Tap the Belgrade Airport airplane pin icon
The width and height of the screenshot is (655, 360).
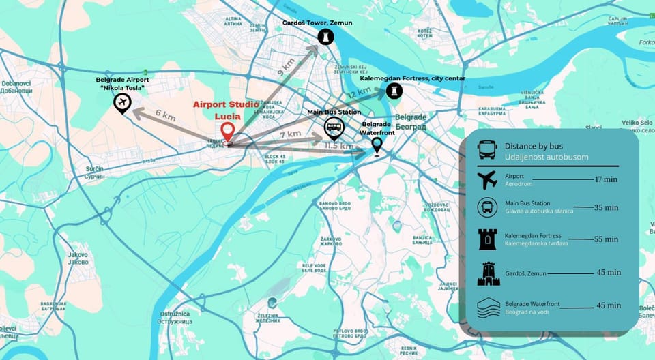tap(123, 103)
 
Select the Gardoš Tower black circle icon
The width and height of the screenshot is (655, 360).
tap(326, 36)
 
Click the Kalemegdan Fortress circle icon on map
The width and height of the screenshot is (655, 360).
tap(394, 91)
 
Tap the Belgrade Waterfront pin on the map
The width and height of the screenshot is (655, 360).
tap(377, 145)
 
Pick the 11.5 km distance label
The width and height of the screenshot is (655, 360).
tap(338, 146)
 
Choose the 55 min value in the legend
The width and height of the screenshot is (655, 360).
tap(607, 239)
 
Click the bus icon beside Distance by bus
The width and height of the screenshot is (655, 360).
tap(487, 150)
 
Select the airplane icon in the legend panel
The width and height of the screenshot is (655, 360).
tap(488, 180)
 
